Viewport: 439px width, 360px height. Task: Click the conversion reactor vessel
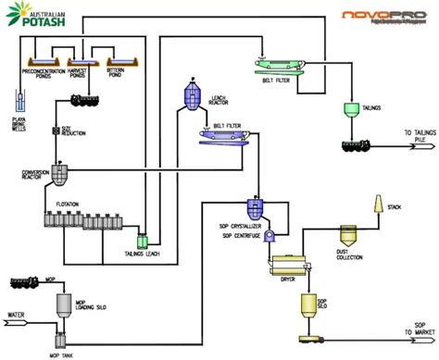(x=58, y=173)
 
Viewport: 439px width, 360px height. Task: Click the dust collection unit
(x=349, y=236)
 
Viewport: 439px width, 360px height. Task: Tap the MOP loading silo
(x=62, y=303)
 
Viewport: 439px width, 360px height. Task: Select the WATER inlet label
(x=15, y=316)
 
